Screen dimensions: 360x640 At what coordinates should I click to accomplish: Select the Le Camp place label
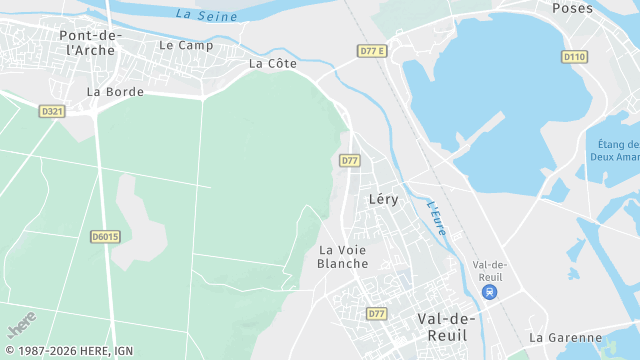pyautogui.click(x=186, y=45)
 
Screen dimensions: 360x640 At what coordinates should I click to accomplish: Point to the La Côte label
pyautogui.click(x=272, y=63)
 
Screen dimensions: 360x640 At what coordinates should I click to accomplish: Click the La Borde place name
pyautogui.click(x=115, y=91)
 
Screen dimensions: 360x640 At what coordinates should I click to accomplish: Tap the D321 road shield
pyautogui.click(x=52, y=111)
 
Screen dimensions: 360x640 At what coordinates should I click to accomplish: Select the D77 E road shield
pyautogui.click(x=371, y=51)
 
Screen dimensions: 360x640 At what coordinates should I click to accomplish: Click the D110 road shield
pyautogui.click(x=574, y=57)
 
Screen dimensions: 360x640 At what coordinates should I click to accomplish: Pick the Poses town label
pyautogui.click(x=572, y=8)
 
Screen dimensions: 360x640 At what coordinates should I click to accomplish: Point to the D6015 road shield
pyautogui.click(x=105, y=237)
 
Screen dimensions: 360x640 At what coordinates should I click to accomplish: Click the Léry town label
pyautogui.click(x=383, y=199)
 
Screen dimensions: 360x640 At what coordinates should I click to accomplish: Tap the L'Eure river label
pyautogui.click(x=436, y=219)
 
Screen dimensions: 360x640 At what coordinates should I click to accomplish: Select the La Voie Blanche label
pyautogui.click(x=342, y=256)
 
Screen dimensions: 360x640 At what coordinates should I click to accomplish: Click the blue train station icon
pyautogui.click(x=489, y=292)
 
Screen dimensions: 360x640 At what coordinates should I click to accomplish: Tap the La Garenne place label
pyautogui.click(x=565, y=338)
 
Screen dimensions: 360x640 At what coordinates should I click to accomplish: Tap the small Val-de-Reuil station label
pyautogui.click(x=490, y=270)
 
